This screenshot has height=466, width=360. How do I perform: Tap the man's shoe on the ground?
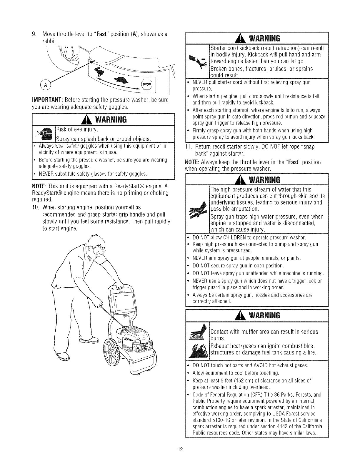click(x=66, y=355)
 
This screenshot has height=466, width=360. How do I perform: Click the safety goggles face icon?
click(x=44, y=134)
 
